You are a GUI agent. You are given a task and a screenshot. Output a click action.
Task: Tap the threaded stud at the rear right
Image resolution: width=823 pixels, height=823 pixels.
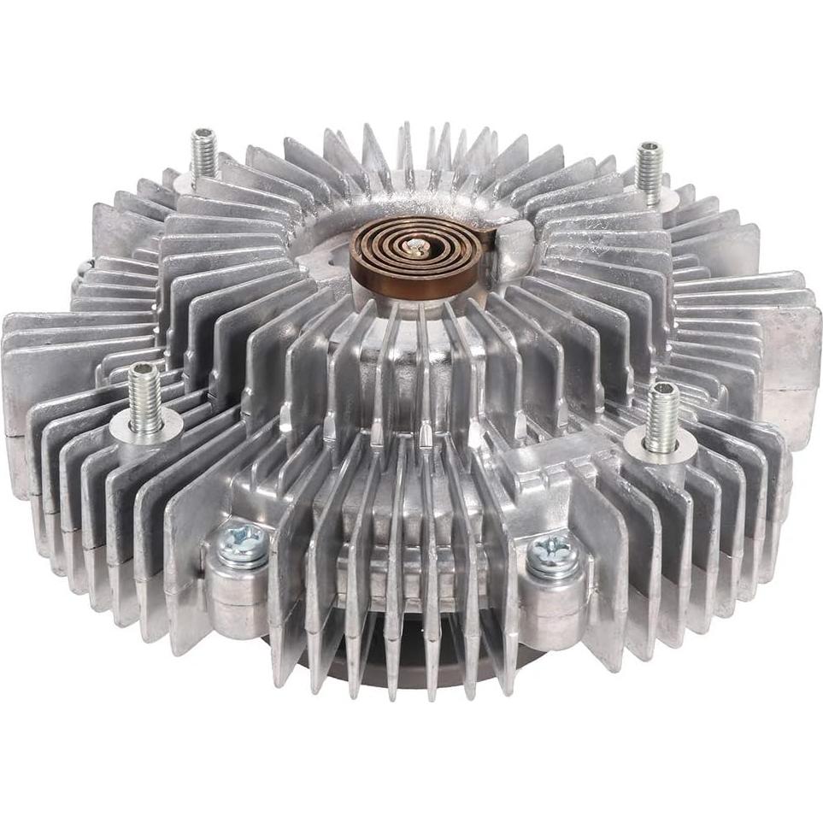point(650,171)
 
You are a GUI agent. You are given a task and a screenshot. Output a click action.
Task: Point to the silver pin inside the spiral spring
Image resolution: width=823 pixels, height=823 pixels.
point(416,247)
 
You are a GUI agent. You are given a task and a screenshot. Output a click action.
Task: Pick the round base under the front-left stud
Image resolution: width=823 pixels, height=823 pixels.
point(150,426)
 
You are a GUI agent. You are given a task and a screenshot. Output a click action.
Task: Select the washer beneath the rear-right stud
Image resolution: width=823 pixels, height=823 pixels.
point(655,199)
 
